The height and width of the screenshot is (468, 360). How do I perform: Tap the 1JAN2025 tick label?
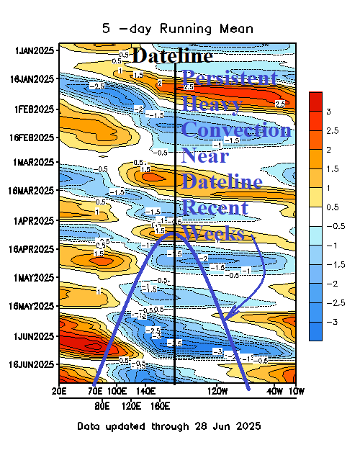35,50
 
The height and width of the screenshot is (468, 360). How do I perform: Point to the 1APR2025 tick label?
35,220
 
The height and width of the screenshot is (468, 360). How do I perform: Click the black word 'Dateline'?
174,56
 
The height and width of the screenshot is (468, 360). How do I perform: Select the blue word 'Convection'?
236,130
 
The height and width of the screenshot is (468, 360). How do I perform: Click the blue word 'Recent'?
215,208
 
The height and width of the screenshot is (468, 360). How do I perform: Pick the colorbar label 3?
328,112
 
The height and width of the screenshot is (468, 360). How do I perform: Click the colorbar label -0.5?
330,225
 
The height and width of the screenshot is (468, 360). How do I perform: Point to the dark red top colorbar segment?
315,102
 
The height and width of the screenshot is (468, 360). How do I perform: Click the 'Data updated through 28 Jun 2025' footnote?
169,426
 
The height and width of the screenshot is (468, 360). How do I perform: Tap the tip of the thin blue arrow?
222,318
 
